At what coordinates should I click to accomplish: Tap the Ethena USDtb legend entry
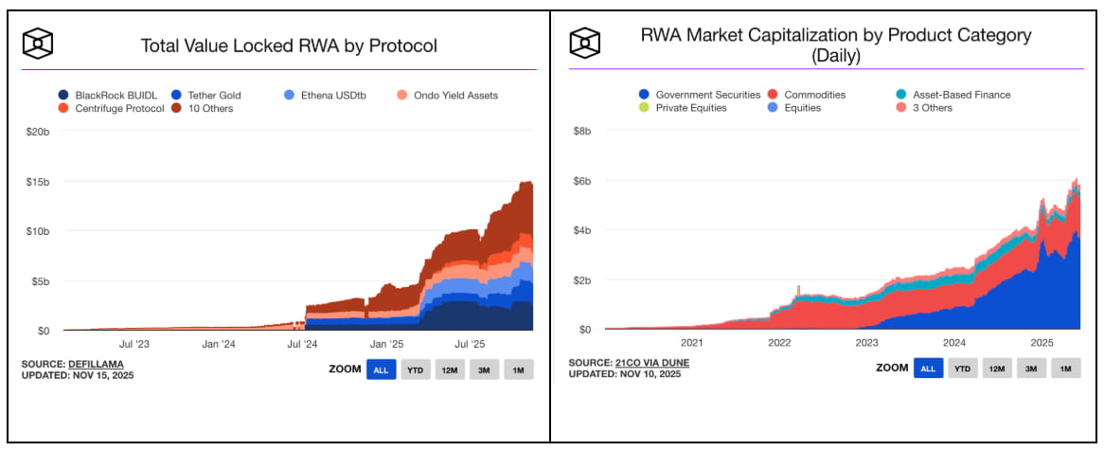pos(328,95)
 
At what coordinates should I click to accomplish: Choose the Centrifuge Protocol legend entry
pos(114,108)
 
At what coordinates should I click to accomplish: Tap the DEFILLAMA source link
pos(96,364)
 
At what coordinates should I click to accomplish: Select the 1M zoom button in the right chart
pos(1065,369)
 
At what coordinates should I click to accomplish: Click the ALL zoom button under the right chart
pos(928,369)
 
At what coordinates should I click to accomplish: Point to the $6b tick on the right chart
pos(582,181)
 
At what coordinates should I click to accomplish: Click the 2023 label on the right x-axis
pos(866,343)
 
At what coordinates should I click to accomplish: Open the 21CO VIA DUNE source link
pos(642,363)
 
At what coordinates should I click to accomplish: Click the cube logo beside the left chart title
pos(38,43)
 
